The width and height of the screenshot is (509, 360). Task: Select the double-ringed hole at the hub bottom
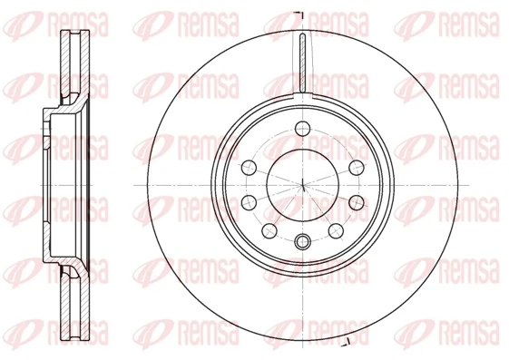302,240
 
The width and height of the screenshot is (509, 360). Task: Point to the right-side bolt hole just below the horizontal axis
358,199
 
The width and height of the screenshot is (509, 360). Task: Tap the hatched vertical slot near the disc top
302,63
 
